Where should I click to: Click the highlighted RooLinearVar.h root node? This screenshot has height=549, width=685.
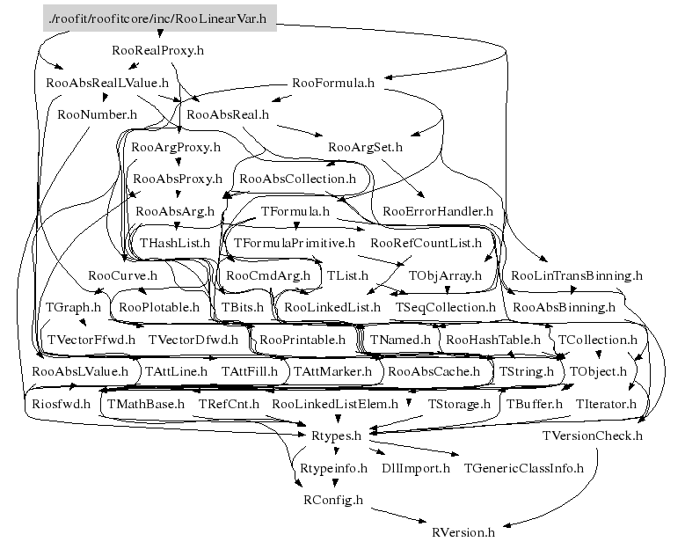[159, 18]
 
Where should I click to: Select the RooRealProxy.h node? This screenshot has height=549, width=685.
[157, 51]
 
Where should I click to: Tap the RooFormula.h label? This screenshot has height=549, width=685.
[333, 83]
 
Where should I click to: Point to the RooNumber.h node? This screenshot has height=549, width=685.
[97, 115]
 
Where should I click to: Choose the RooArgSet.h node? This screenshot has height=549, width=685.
[365, 147]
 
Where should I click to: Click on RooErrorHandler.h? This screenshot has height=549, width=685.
[438, 211]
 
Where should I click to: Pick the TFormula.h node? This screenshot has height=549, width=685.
[295, 211]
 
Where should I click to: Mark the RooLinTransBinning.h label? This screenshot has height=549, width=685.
[577, 275]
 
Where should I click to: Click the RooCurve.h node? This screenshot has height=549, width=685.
[122, 275]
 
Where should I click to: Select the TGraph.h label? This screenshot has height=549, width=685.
[73, 308]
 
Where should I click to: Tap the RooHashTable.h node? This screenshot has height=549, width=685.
[493, 340]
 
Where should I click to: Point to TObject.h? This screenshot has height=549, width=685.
[598, 372]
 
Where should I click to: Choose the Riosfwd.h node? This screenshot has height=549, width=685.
[62, 404]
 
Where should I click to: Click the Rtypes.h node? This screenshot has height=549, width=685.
[336, 436]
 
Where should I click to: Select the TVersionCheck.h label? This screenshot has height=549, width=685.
[593, 436]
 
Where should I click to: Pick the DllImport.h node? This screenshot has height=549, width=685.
[415, 469]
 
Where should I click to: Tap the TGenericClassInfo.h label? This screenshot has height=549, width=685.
[524, 469]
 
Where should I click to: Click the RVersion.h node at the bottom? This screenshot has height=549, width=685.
[463, 533]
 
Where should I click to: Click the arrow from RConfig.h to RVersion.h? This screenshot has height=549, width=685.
[399, 516]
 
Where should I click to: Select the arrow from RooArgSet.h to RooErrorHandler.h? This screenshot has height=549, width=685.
[404, 179]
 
